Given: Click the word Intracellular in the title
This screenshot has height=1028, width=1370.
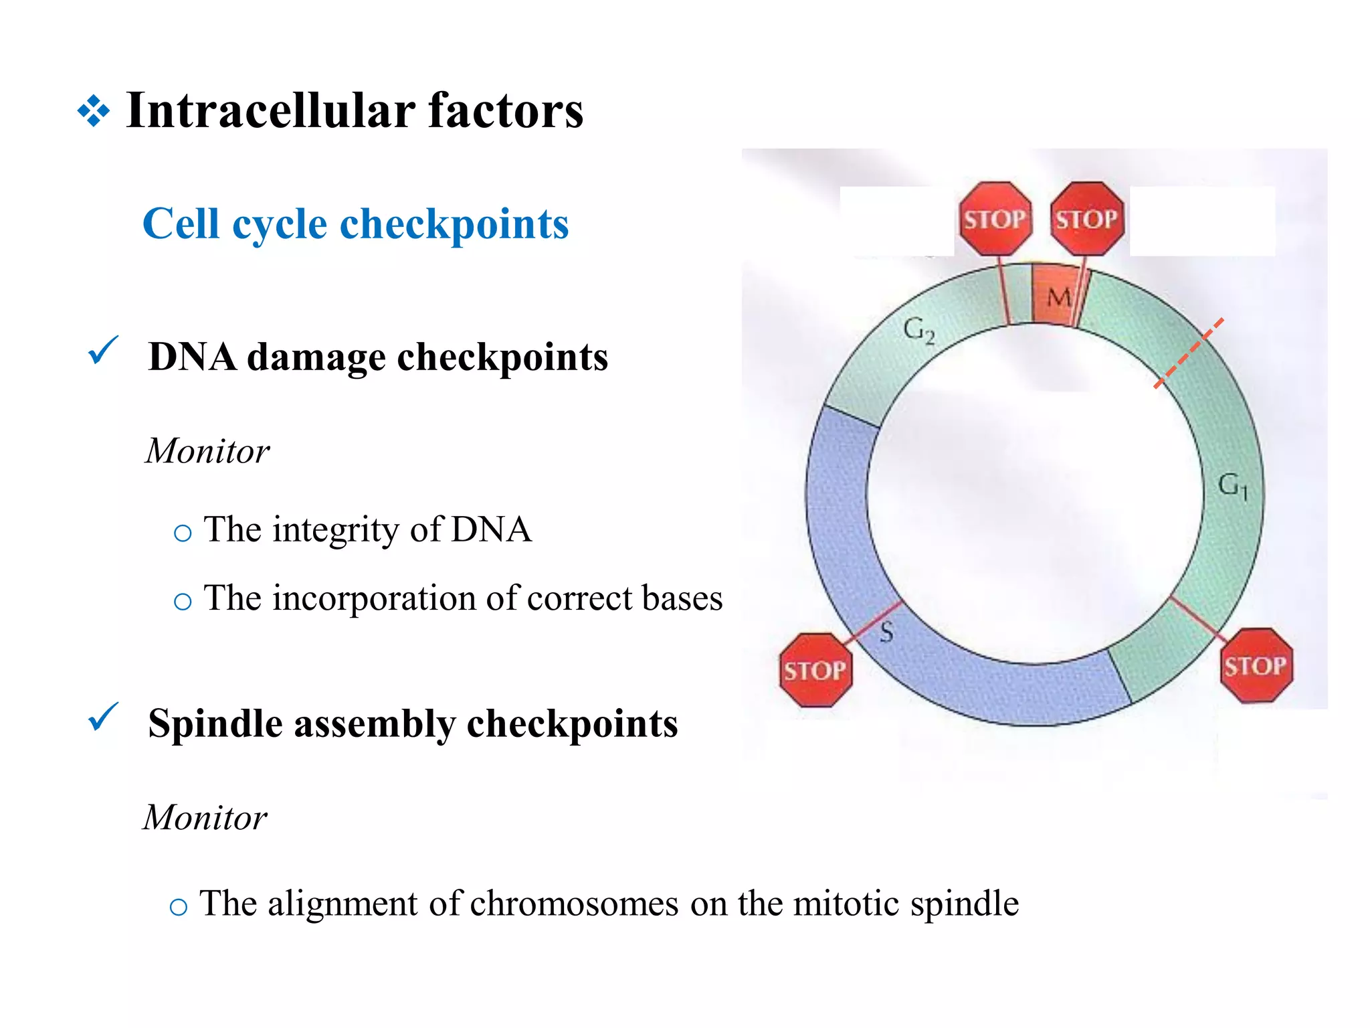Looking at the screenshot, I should pos(271,110).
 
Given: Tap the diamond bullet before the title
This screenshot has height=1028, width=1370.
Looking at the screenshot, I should pos(94,111).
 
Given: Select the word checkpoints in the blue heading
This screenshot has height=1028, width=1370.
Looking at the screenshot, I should pos(454,224).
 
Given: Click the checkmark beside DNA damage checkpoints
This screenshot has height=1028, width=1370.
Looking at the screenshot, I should pos(103,351).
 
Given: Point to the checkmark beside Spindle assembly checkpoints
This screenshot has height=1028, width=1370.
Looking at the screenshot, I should pos(103,717).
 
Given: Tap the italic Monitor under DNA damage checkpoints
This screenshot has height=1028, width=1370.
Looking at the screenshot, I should pos(207,451).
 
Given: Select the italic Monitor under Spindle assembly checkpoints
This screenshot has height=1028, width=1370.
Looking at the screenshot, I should pos(205,818).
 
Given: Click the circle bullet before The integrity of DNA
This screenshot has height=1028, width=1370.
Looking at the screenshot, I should pos(182,533).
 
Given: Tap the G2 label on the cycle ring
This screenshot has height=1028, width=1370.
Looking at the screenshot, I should pos(918,330).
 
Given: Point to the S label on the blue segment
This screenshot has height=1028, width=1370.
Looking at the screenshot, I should pos(886,631).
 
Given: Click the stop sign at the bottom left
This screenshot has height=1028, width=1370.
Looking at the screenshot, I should pos(815,670).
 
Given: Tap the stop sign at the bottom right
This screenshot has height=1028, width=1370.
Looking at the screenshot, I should pos(1256,665).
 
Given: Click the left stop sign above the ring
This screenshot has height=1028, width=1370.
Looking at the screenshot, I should pos(995,219).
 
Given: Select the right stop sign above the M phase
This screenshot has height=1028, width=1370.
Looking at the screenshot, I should pos(1086,219).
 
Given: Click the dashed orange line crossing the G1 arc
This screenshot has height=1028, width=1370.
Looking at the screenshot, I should pos(1189,353).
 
